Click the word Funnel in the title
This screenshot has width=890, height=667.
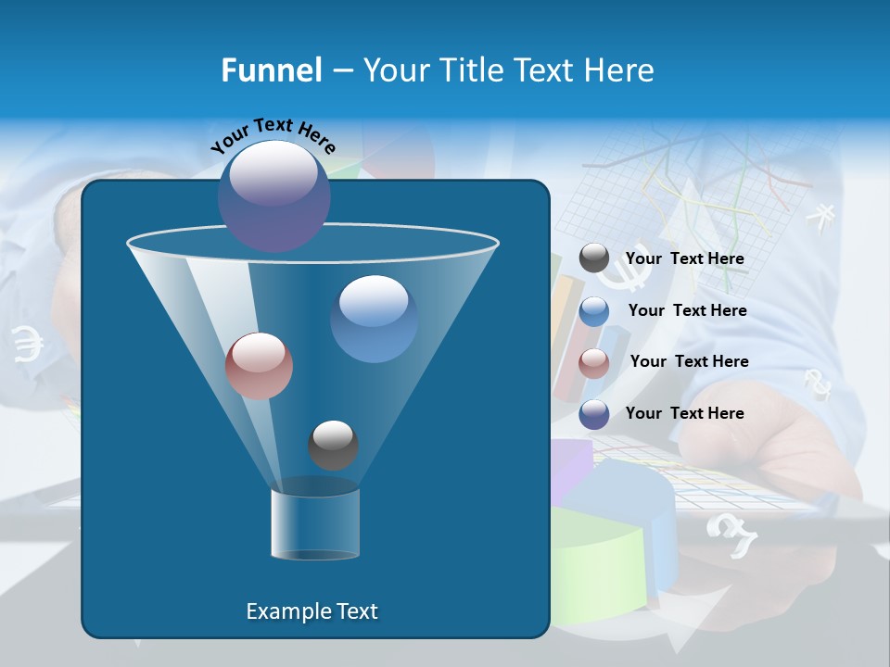click(271, 70)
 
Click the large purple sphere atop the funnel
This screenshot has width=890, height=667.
click(273, 195)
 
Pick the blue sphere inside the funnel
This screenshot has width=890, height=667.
click(374, 319)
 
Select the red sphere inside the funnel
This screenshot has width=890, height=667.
click(259, 366)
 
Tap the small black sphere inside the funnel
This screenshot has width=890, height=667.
click(333, 445)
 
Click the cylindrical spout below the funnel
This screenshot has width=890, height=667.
click(315, 523)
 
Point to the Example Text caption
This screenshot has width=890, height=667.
click(311, 611)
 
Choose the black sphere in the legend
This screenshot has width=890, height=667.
click(594, 258)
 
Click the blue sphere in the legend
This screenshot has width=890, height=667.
click(594, 311)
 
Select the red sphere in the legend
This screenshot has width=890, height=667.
click(594, 362)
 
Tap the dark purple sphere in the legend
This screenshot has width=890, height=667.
click(594, 414)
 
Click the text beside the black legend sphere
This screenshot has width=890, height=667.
click(684, 259)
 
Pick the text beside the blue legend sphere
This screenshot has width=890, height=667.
click(687, 311)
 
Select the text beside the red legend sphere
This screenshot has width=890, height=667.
click(689, 362)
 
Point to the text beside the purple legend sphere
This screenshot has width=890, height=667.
click(684, 414)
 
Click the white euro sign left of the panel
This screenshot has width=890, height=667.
click(28, 344)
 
